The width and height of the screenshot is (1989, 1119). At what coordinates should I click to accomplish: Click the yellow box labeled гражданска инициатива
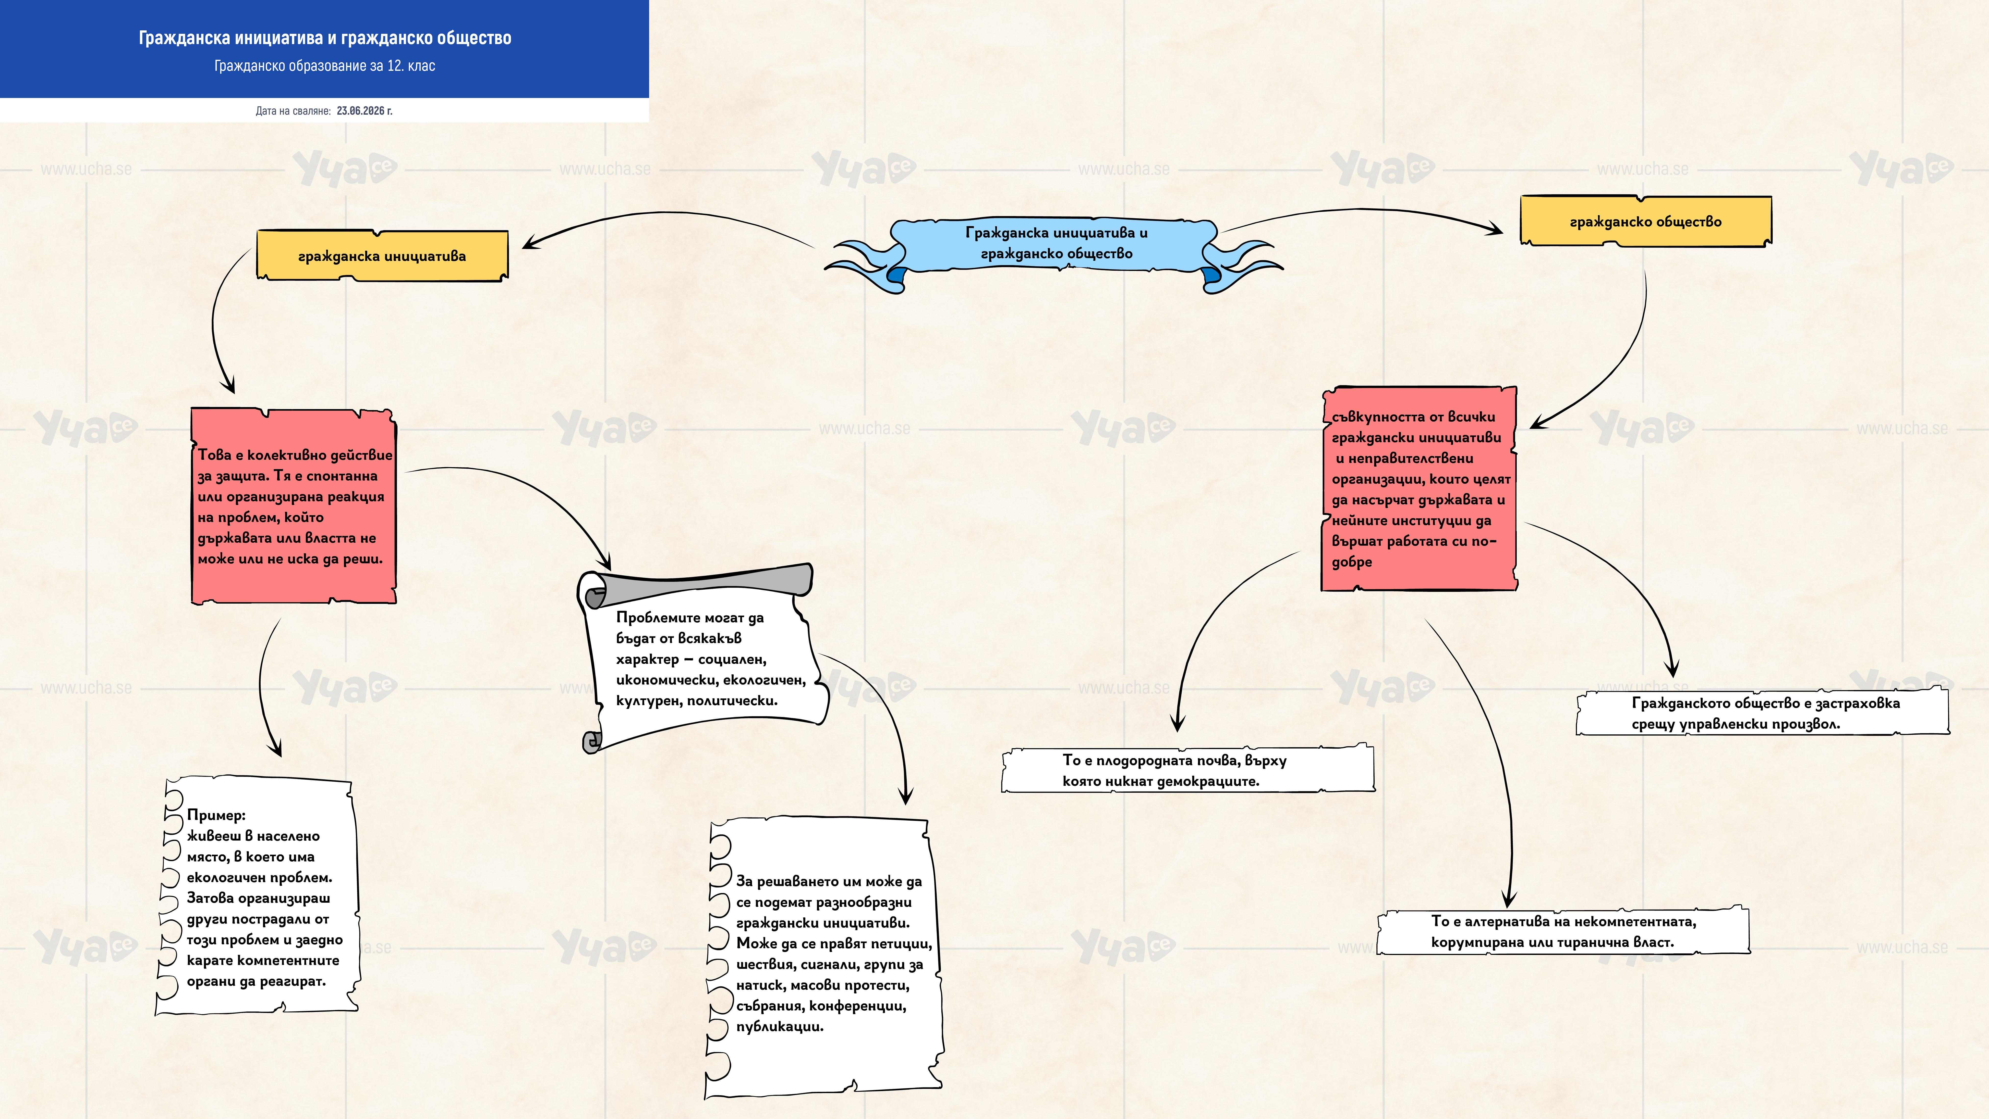click(x=382, y=255)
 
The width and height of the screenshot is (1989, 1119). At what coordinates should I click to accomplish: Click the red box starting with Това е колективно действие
click(x=293, y=506)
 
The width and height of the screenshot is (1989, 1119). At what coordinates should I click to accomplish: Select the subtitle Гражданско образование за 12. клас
click(x=324, y=66)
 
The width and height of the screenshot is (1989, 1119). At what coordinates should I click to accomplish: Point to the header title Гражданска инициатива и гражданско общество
click(x=324, y=38)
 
